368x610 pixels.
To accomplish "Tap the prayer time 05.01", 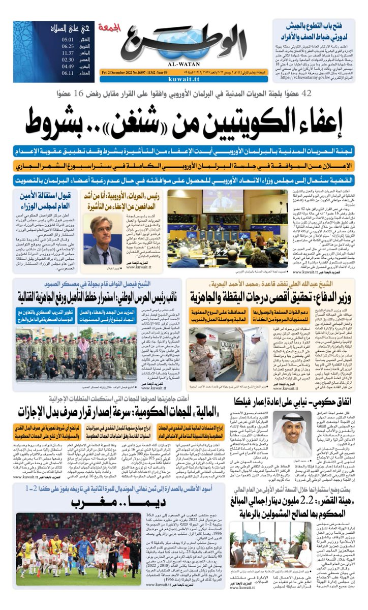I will point(68,39).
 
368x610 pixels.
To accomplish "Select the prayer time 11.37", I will point(68,52).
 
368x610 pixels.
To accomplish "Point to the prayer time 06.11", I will point(68,73).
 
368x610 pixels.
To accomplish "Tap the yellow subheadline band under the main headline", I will point(184,165).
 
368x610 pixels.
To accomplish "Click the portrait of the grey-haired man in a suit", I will point(102,240).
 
